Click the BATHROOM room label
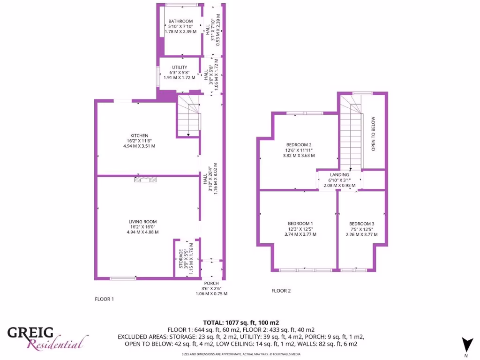(x=180, y=21)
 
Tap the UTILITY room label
(x=179, y=67)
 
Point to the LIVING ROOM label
(x=143, y=222)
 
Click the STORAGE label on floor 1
(x=181, y=258)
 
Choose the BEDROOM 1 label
(x=300, y=223)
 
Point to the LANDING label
(x=339, y=175)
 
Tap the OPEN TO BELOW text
(x=374, y=134)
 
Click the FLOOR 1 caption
(x=104, y=299)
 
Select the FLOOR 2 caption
(x=281, y=291)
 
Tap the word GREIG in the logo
(x=30, y=333)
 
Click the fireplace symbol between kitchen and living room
(x=145, y=179)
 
